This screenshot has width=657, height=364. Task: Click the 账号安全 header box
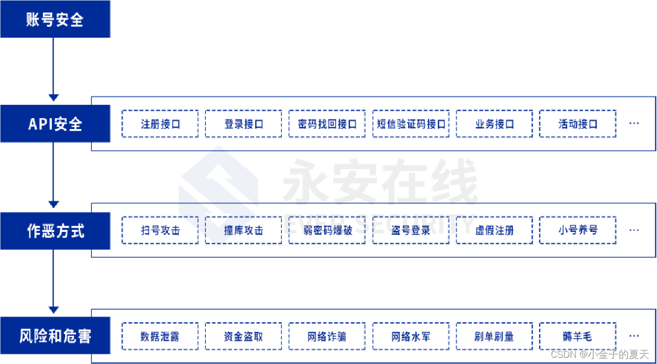[55, 20]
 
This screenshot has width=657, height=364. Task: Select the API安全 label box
[55, 124]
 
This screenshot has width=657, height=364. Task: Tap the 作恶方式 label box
[55, 231]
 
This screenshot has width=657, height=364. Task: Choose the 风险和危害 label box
[55, 336]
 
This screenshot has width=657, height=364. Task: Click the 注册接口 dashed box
[160, 124]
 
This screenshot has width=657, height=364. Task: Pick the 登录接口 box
[243, 124]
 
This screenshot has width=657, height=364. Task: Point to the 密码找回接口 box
[327, 124]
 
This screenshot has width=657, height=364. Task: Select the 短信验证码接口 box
[411, 124]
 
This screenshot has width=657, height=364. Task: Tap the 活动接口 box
[578, 124]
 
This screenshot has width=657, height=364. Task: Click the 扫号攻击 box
[160, 230]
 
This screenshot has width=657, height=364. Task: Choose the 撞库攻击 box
[243, 230]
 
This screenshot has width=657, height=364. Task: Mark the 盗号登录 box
[411, 230]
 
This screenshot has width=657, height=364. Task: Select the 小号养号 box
[578, 230]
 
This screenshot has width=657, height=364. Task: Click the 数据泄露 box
[160, 337]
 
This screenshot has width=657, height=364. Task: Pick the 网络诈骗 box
[327, 337]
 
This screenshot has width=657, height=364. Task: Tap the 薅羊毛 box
[578, 337]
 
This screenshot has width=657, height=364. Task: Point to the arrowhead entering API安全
[53, 97]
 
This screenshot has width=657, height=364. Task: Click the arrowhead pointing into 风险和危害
[53, 310]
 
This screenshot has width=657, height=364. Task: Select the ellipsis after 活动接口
[634, 124]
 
